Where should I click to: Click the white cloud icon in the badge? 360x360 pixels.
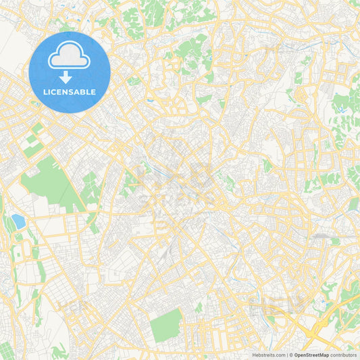point(69,55)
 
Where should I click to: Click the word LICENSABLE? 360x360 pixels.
point(69,93)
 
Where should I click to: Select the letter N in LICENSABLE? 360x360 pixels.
point(64,93)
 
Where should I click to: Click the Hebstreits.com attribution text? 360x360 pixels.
point(268,355)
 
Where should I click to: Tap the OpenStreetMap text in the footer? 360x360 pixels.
point(311,355)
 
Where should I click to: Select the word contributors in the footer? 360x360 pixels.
point(343,355)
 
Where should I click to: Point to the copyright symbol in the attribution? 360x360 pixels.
point(291,355)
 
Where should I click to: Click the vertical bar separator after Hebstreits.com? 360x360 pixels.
point(286,355)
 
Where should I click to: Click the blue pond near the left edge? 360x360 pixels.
point(18,221)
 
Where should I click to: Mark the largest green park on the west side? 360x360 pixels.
point(51,181)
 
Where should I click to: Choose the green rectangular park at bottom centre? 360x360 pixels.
point(166,325)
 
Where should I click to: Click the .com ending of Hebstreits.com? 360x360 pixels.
point(279,355)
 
